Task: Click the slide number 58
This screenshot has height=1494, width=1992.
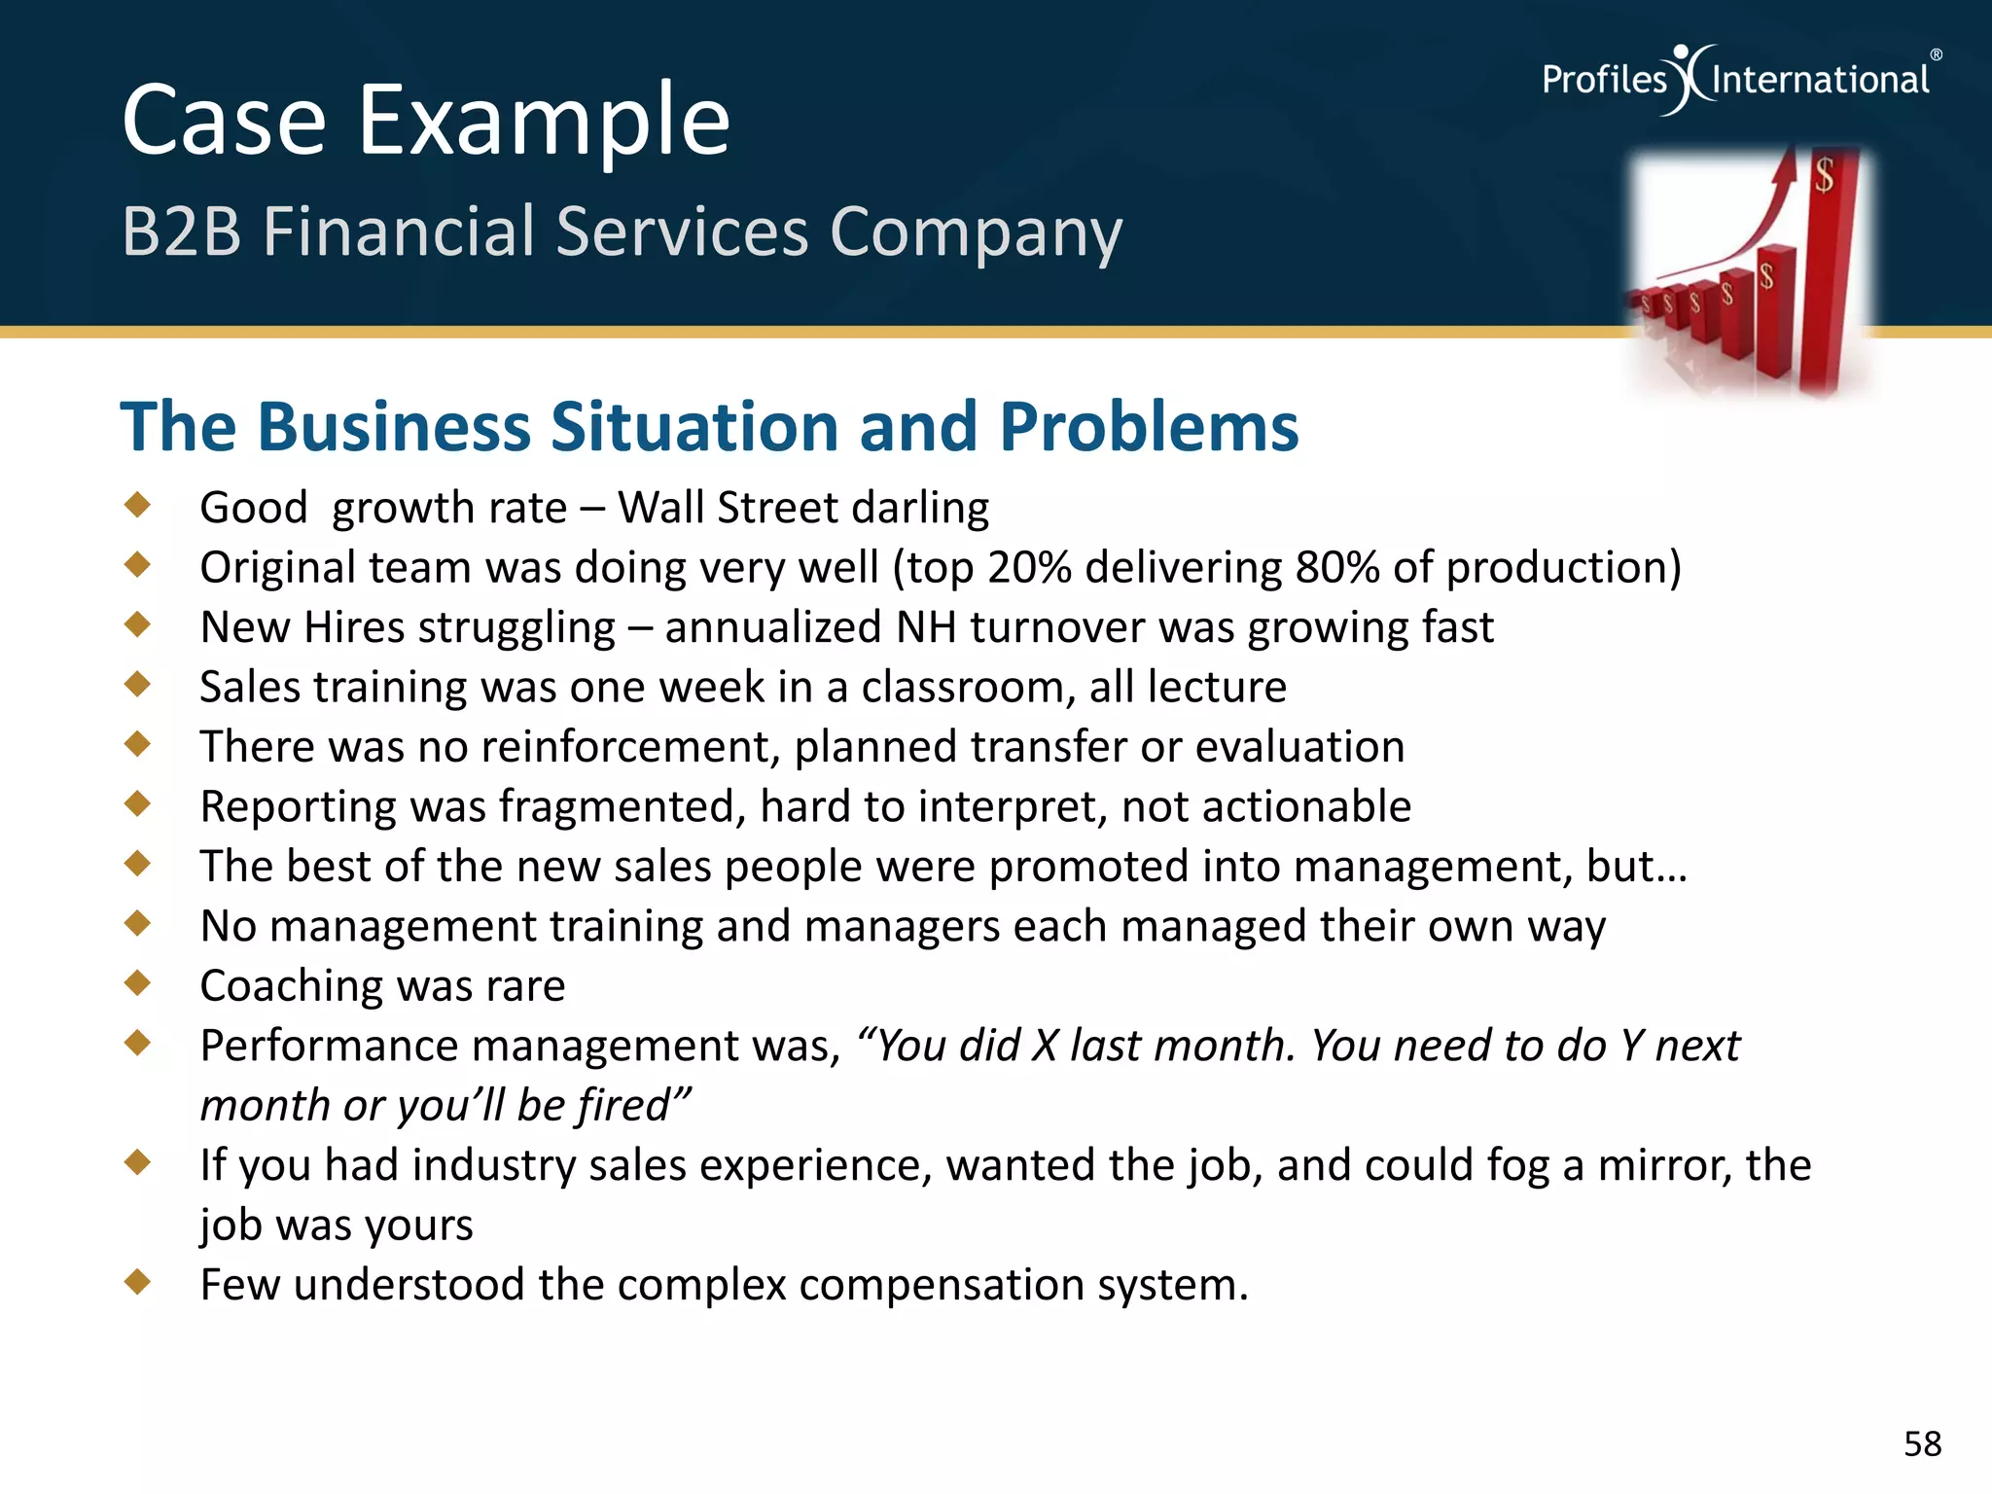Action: coord(1922,1444)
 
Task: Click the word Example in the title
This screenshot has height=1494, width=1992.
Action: coord(544,122)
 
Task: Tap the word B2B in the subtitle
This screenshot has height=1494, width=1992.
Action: coord(181,232)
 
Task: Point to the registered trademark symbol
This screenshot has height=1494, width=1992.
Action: coord(1936,55)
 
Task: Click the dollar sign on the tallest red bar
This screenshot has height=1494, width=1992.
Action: coord(1824,176)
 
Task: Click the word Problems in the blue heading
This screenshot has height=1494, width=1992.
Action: coord(1149,427)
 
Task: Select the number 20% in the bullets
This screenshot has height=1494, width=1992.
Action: coord(1029,568)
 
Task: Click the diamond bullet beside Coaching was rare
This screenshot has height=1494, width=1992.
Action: coord(138,982)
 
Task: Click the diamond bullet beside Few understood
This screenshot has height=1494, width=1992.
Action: coord(138,1281)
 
